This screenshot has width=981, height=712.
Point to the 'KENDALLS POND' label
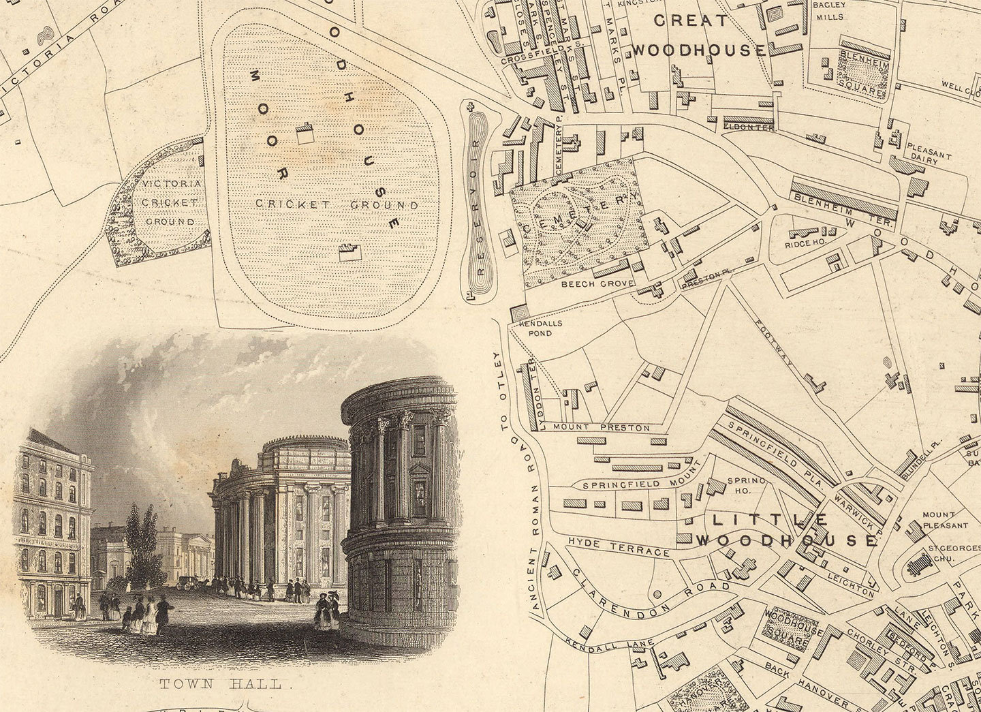tap(540, 328)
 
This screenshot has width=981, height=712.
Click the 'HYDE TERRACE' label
tap(618, 546)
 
